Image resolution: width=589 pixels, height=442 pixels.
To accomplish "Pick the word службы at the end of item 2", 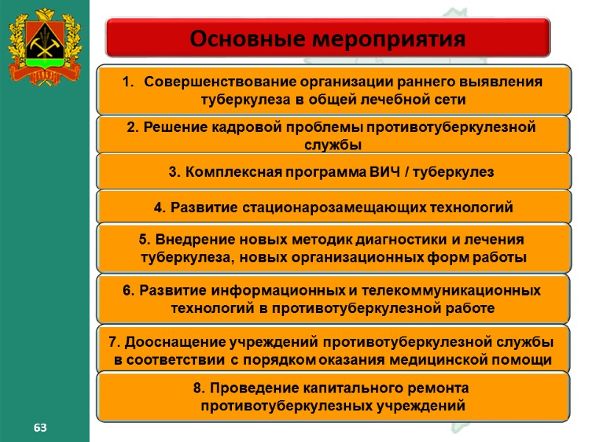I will (333, 144).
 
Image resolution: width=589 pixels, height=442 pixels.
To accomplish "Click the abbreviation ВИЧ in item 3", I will (386, 172).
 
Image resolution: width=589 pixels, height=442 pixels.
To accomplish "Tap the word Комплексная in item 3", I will (227, 172).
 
